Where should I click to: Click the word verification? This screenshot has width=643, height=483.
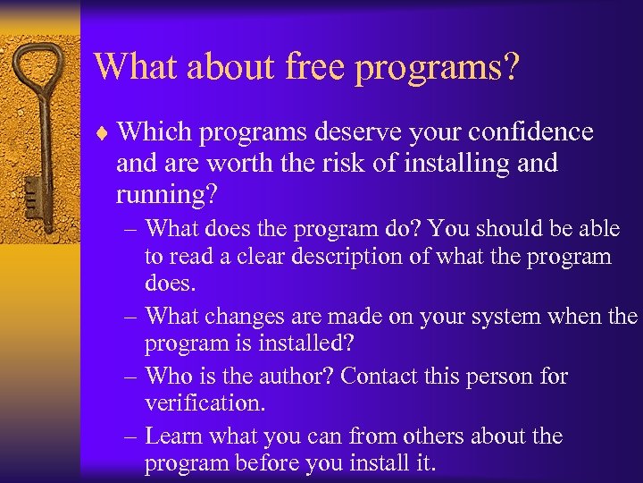coord(205,404)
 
